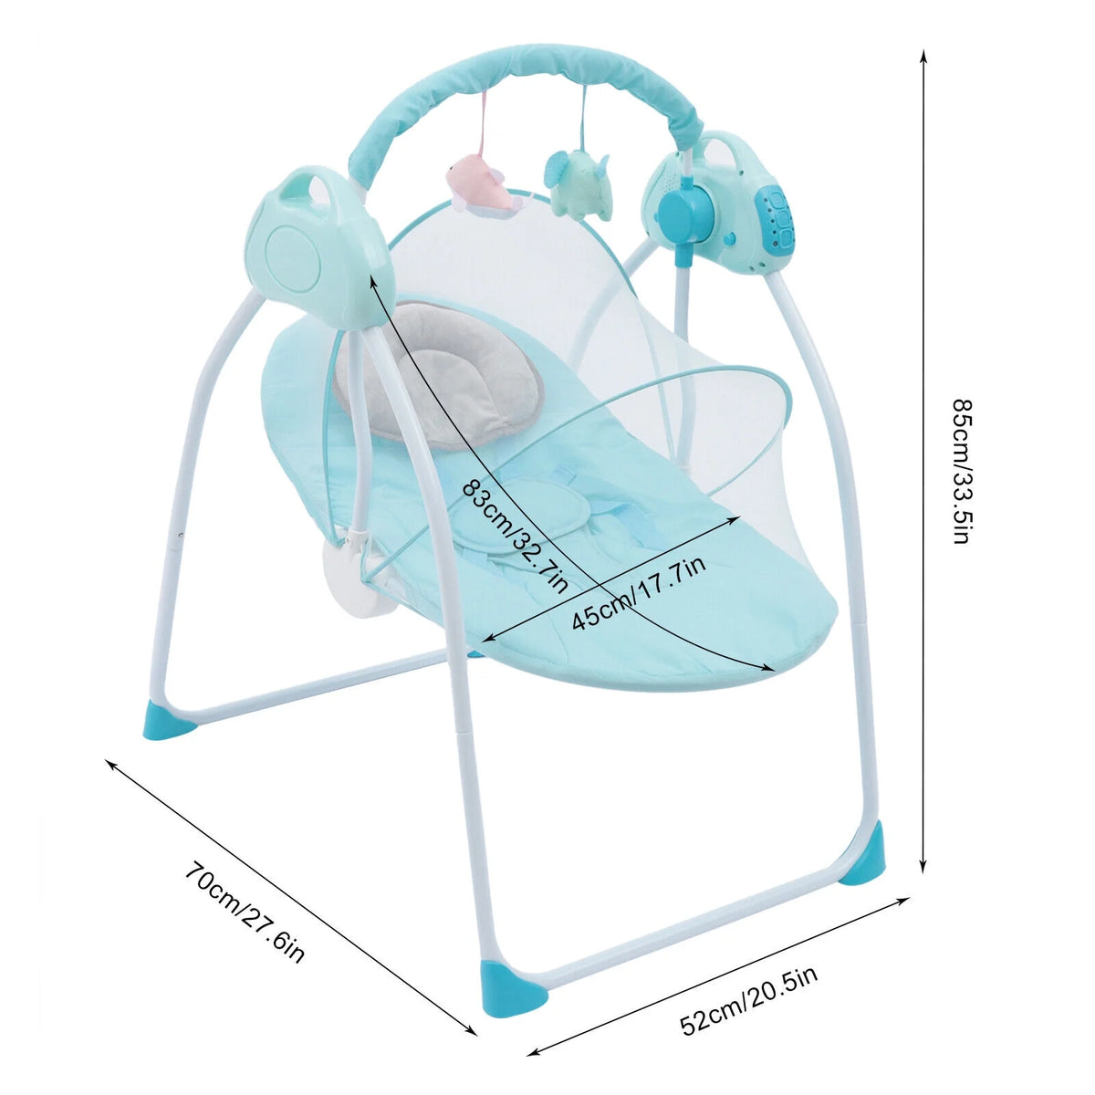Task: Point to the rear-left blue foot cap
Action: [x=169, y=721]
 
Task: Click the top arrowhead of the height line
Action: [x=923, y=55]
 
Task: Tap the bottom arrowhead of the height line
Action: [x=923, y=881]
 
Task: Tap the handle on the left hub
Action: [x=309, y=184]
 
